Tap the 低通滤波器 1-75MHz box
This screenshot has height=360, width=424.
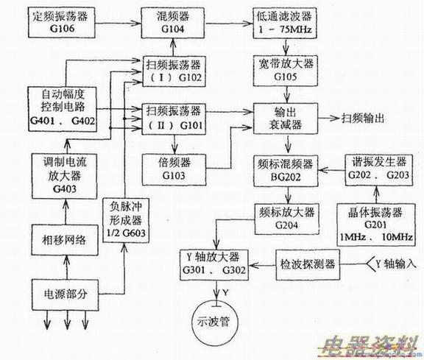pos(286,20)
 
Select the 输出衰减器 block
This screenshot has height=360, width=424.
pos(285,118)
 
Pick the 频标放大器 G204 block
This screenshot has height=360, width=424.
pos(286,216)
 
